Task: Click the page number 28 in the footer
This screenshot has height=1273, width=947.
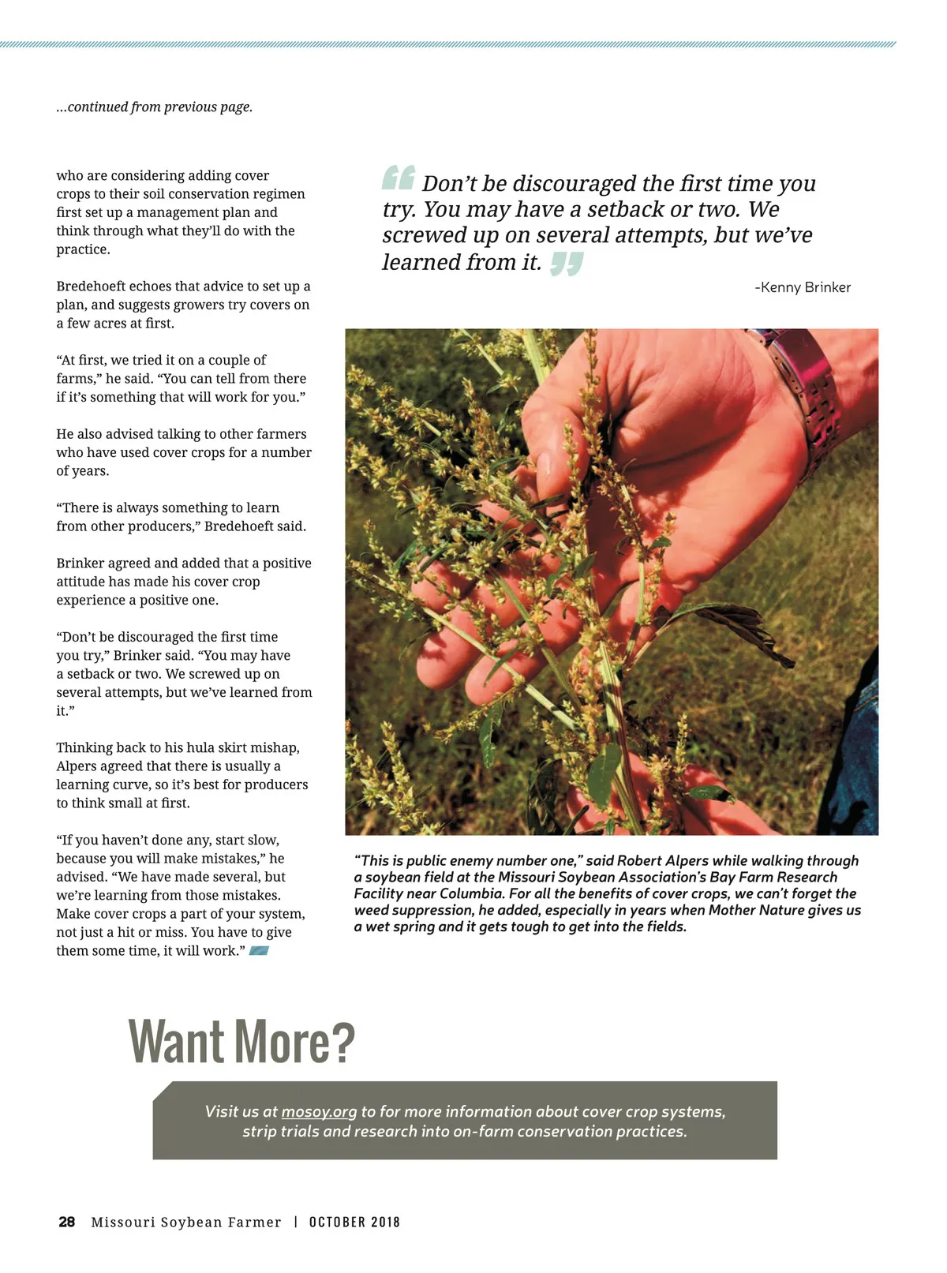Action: [67, 1222]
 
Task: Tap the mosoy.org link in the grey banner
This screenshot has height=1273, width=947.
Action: [319, 1111]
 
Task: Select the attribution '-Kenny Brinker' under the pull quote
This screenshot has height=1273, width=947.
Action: [803, 287]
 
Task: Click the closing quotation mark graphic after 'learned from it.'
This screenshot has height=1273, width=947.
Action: [567, 264]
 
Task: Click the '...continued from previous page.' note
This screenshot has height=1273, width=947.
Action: [155, 107]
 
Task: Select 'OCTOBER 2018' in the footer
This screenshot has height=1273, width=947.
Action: [354, 1222]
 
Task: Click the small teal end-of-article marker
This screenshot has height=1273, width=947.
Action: [259, 950]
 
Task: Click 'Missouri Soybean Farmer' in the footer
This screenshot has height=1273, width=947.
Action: [186, 1222]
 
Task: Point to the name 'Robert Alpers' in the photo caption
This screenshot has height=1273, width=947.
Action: [662, 860]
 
